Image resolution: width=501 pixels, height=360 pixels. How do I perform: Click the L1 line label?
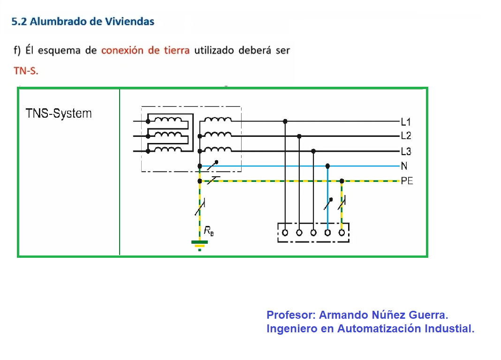pyautogui.click(x=406, y=121)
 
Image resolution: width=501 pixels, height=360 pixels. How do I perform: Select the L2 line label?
pyautogui.click(x=406, y=135)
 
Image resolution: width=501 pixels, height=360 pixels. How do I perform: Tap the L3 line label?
pyautogui.click(x=406, y=151)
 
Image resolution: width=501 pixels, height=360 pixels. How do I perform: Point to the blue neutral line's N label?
pyautogui.click(x=404, y=166)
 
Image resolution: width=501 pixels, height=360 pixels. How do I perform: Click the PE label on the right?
pyautogui.click(x=407, y=181)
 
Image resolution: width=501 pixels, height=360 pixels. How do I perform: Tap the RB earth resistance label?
pyautogui.click(x=209, y=231)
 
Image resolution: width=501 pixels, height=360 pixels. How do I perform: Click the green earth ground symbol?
pyautogui.click(x=200, y=245)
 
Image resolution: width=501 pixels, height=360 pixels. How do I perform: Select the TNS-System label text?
pyautogui.click(x=59, y=113)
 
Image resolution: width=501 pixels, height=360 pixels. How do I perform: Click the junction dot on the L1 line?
pyautogui.click(x=285, y=121)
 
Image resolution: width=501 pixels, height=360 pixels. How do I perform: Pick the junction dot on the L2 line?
pyautogui.click(x=299, y=136)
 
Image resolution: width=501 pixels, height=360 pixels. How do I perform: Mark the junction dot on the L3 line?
pyautogui.click(x=313, y=151)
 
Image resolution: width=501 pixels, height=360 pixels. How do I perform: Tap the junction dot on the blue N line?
pyautogui.click(x=327, y=166)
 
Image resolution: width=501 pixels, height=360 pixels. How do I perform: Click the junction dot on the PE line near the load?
pyautogui.click(x=342, y=181)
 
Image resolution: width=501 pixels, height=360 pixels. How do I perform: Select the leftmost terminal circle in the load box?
pyautogui.click(x=285, y=232)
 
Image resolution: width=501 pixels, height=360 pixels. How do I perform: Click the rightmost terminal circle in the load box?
pyautogui.click(x=342, y=232)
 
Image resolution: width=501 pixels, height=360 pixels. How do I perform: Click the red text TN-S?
pyautogui.click(x=26, y=70)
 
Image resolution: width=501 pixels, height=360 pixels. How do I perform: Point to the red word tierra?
pyautogui.click(x=177, y=50)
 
